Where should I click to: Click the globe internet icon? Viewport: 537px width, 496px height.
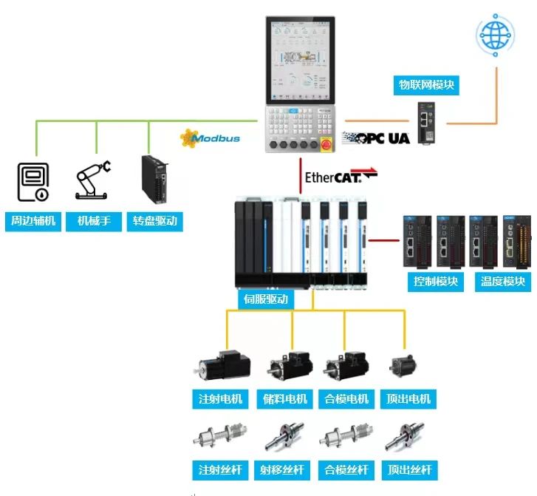coord(493,35)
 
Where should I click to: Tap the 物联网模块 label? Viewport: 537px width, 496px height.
coord(427,85)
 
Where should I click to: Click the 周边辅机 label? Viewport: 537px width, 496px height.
coord(33,220)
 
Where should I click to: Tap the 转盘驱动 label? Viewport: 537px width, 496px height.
coord(154,220)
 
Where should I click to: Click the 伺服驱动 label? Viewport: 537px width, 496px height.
coord(266,299)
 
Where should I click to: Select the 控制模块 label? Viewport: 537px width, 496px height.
coord(435,281)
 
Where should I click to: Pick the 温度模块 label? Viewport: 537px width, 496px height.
coord(502,281)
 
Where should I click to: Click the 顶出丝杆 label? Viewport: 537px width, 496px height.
coord(409,469)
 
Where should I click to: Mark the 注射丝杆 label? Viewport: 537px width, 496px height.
coord(220,469)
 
